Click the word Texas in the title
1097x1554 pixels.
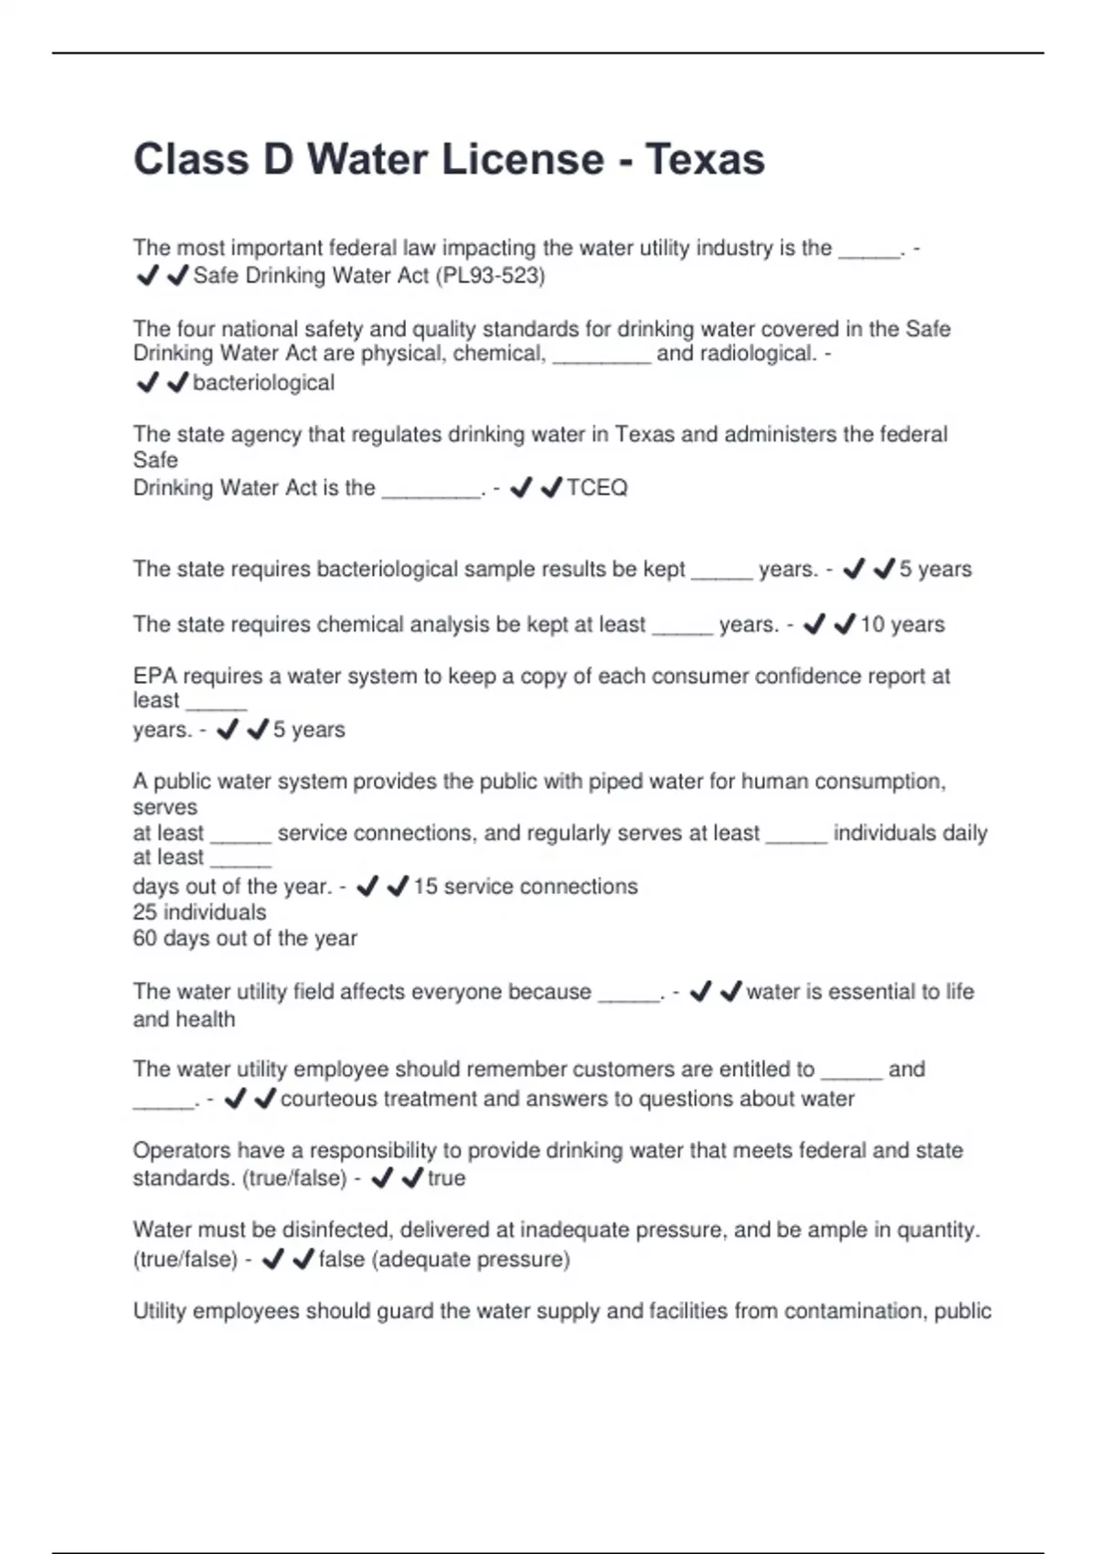click(705, 160)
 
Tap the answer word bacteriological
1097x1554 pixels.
click(263, 383)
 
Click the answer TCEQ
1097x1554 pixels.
click(597, 488)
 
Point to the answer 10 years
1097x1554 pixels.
click(902, 625)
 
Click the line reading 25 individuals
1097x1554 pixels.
click(199, 912)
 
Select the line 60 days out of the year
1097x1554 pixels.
click(245, 939)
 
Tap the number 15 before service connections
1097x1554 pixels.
click(425, 887)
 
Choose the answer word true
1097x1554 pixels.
click(446, 1178)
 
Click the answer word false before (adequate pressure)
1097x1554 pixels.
click(342, 1260)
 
